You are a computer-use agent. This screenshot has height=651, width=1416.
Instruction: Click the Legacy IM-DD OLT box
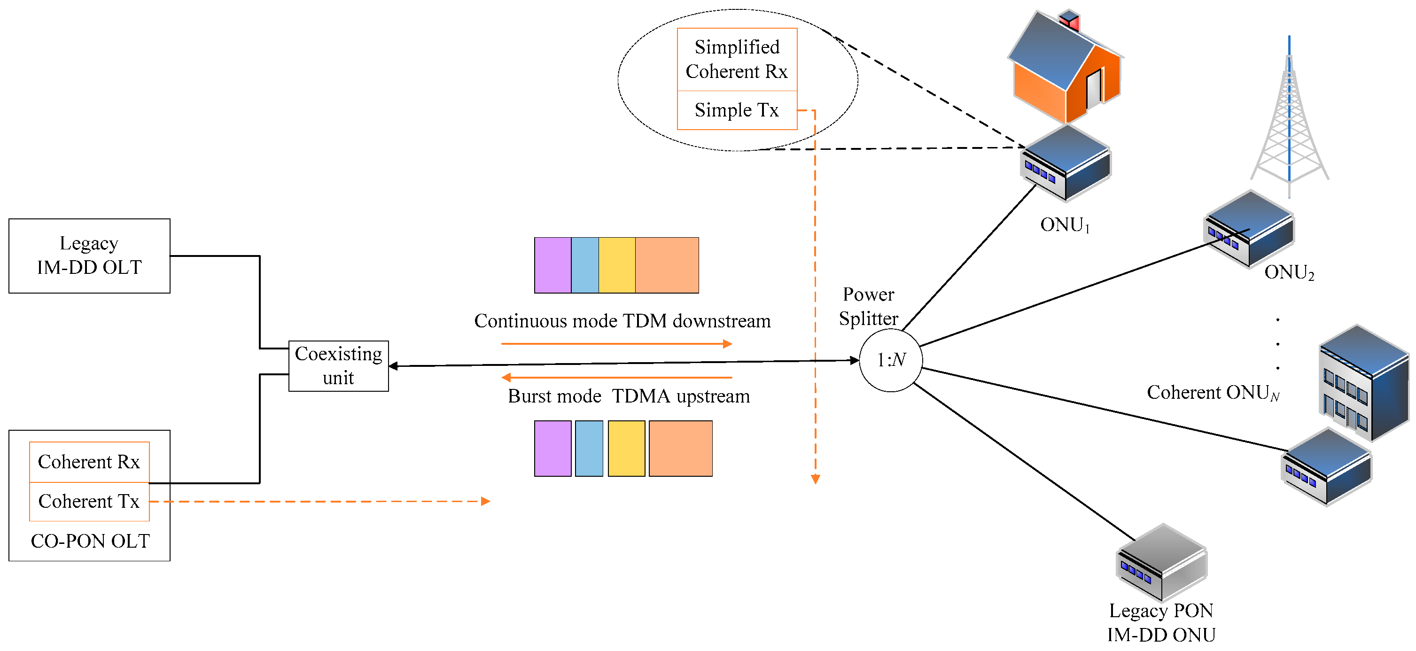[x=89, y=256]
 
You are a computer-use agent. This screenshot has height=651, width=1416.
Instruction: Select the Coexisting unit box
[x=338, y=366]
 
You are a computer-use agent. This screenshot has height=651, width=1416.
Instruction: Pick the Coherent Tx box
[x=89, y=502]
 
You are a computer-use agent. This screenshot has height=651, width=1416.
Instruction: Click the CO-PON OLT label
[x=90, y=541]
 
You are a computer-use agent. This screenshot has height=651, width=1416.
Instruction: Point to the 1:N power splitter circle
[x=890, y=360]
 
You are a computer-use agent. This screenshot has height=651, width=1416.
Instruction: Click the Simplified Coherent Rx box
[x=737, y=59]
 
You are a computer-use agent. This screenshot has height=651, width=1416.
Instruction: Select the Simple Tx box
[x=737, y=110]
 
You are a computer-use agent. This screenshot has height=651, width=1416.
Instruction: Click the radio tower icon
[x=1289, y=121]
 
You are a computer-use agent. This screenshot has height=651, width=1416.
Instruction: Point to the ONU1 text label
[x=1065, y=225]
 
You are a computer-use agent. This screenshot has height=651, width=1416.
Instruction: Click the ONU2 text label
[x=1289, y=272]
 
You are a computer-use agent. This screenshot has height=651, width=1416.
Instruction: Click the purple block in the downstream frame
[x=552, y=265]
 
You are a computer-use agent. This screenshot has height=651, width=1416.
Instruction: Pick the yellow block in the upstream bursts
[x=626, y=448]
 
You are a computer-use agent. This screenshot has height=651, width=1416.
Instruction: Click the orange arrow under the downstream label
[x=615, y=344]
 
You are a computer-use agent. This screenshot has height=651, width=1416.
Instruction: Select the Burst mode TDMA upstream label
[x=628, y=396]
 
